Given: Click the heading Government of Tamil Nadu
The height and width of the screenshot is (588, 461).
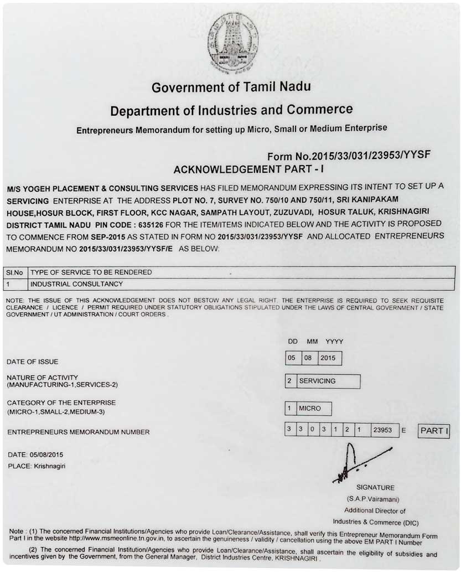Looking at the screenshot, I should click(231, 87).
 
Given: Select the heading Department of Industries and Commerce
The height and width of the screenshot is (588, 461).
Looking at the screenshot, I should click(231, 110).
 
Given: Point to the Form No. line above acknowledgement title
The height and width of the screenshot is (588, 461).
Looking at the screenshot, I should click(349, 156).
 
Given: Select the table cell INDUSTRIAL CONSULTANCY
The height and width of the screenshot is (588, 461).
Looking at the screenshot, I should click(76, 284).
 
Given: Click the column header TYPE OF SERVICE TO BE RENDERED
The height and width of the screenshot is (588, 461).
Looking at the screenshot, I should click(91, 272).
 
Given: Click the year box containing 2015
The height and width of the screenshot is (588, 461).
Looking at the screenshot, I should click(329, 358).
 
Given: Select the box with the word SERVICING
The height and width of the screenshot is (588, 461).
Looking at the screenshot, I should click(328, 381).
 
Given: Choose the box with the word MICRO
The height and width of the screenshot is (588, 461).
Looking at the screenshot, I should click(313, 409).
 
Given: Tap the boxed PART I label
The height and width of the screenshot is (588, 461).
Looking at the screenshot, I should click(434, 431).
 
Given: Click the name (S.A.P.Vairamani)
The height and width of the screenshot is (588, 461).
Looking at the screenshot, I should click(374, 499).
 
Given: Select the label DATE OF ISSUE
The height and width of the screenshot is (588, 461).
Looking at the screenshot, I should click(32, 362).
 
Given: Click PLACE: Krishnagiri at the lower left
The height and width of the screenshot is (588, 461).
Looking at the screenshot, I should click(37, 466).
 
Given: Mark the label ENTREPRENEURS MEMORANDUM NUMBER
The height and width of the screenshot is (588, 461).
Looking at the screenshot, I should click(78, 432).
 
